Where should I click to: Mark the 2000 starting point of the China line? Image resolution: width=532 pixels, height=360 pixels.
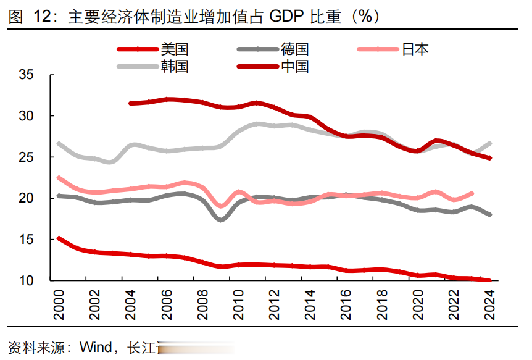coord(131,103)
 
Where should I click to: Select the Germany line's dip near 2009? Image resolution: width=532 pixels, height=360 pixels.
coord(221,219)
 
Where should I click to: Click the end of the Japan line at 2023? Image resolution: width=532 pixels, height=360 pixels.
coord(472,193)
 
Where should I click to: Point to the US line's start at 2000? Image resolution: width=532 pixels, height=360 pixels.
coord(59,238)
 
